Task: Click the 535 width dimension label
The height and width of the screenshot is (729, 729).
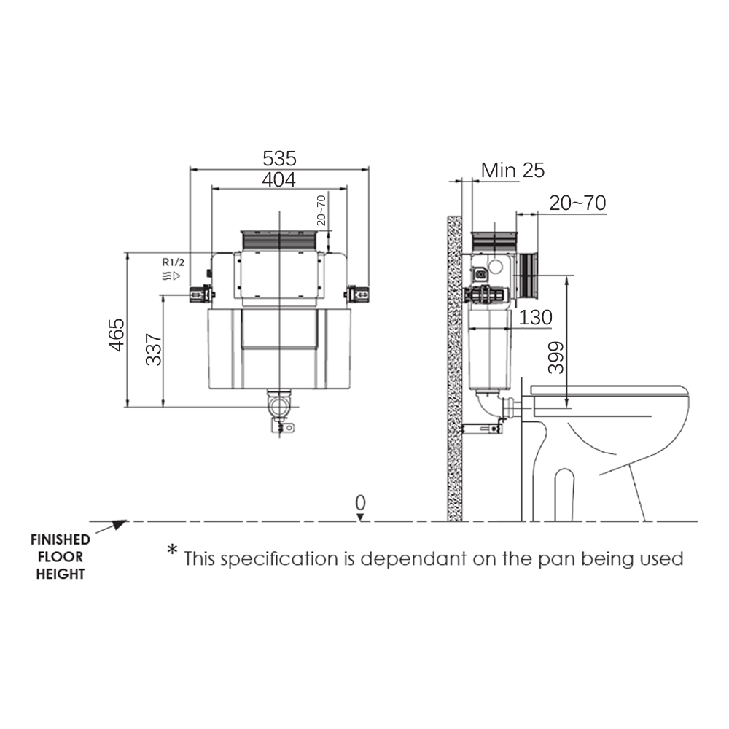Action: tap(279, 158)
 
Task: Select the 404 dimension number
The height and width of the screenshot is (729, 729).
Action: tap(279, 179)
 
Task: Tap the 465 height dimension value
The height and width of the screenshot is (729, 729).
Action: tap(116, 335)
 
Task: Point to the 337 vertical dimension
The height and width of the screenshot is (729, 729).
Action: tap(153, 349)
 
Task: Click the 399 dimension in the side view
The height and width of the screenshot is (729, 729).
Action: tap(556, 357)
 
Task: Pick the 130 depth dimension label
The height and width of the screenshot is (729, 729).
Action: tap(536, 318)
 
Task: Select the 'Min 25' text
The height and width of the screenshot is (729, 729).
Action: tap(512, 171)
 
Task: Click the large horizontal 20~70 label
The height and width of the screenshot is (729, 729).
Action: tap(577, 203)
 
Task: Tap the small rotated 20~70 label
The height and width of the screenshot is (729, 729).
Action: tap(321, 211)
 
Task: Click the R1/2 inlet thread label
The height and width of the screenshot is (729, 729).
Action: tap(173, 262)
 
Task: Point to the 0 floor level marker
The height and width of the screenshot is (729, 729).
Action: tap(360, 503)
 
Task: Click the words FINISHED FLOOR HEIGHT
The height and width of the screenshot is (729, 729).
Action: tap(61, 556)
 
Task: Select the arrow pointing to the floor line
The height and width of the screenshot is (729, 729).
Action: tap(111, 527)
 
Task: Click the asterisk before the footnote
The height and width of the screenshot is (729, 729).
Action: tap(173, 550)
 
